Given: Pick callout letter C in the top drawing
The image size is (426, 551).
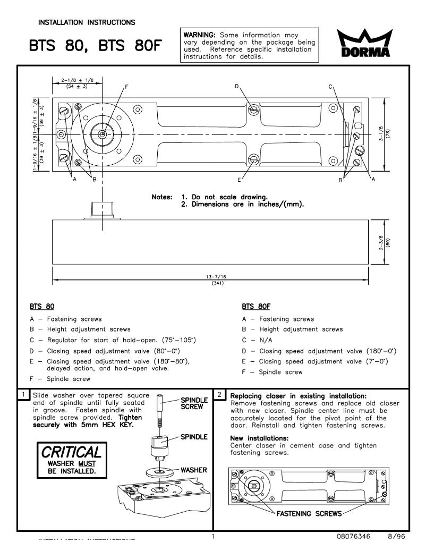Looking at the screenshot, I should (x=330, y=86).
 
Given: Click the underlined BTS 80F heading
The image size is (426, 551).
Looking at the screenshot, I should (x=254, y=307).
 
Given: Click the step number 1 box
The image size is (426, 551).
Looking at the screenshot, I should (x=24, y=396).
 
